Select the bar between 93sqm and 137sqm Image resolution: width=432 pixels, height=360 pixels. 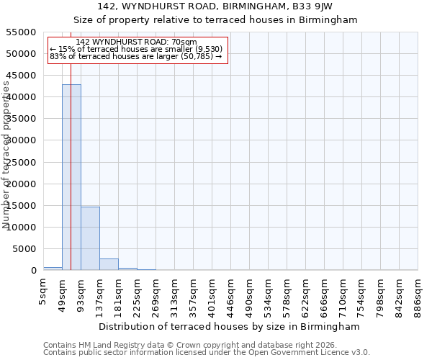90,238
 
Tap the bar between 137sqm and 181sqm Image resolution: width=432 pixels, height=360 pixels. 109,264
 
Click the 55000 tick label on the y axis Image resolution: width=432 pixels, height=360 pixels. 21,32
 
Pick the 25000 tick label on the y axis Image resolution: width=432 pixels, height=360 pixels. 21,163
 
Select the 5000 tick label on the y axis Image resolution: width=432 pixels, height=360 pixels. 24,249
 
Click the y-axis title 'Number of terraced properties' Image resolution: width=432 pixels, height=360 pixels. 6,154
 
